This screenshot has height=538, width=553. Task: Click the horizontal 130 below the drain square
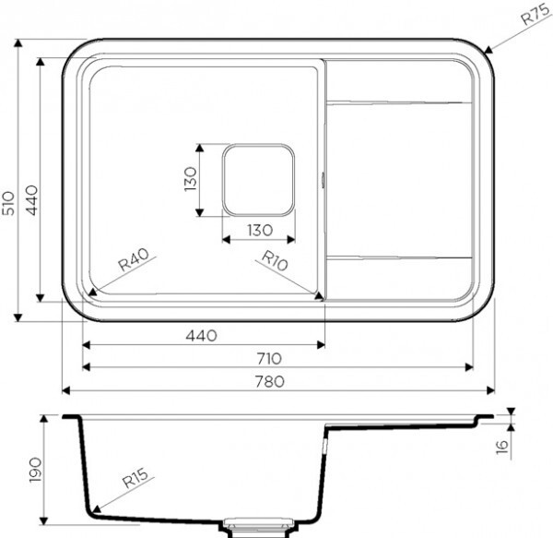(257, 229)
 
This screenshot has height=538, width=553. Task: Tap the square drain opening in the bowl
(257, 179)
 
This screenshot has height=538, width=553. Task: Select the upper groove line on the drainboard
(398, 101)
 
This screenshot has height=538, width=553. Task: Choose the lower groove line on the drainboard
(398, 256)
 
